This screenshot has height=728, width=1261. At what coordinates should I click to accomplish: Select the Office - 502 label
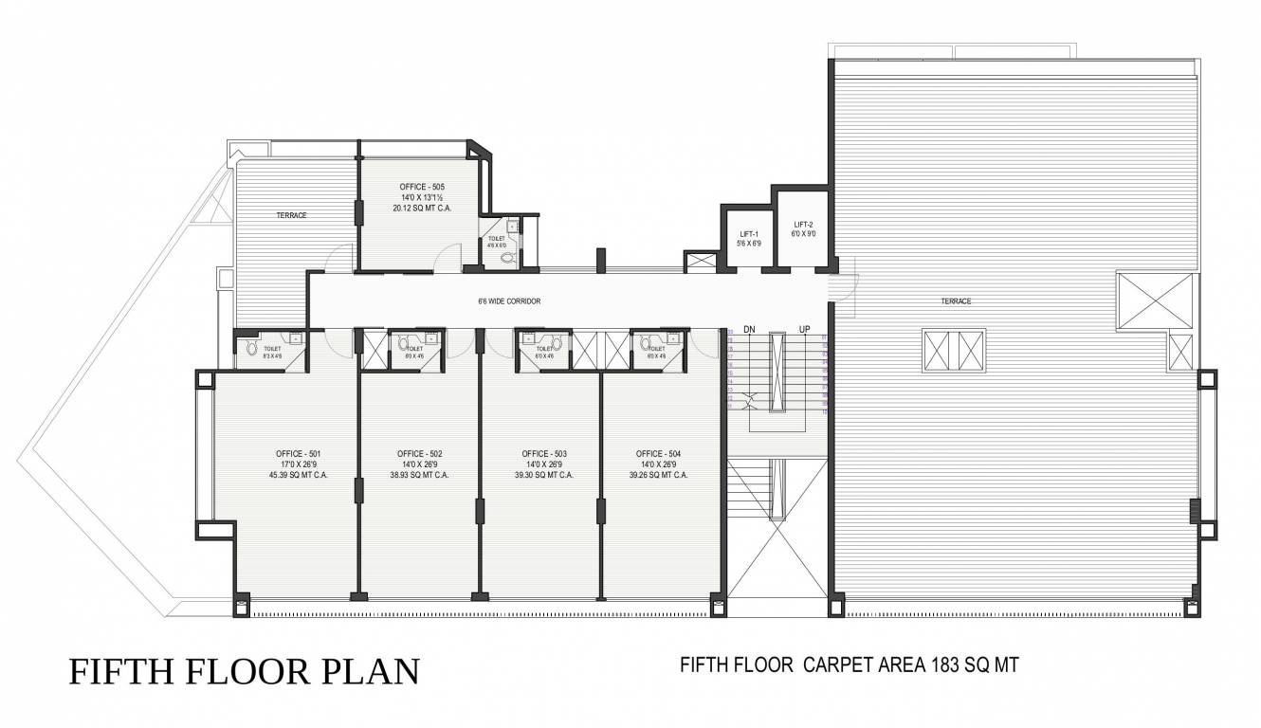(x=419, y=453)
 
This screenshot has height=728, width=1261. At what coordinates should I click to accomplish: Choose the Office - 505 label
(x=422, y=187)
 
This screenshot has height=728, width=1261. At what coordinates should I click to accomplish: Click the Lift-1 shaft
(x=745, y=238)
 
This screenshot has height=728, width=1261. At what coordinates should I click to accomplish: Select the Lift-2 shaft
(x=804, y=228)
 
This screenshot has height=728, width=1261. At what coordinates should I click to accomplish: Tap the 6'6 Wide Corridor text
(x=508, y=301)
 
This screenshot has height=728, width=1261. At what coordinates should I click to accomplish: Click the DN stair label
(x=749, y=329)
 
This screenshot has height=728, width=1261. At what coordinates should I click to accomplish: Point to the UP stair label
(x=805, y=329)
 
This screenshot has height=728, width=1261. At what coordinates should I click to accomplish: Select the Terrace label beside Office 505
(x=291, y=215)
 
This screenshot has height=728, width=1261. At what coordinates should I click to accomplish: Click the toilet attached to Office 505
(x=503, y=243)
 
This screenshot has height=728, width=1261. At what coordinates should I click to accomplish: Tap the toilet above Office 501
(x=271, y=350)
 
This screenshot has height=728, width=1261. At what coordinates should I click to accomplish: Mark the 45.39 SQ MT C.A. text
(x=300, y=475)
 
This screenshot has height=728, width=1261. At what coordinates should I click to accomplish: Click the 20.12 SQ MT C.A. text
(x=422, y=207)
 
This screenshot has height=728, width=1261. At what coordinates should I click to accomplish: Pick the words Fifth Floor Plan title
(x=244, y=671)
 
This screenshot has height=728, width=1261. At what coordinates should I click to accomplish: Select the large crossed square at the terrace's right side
(x=1156, y=301)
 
